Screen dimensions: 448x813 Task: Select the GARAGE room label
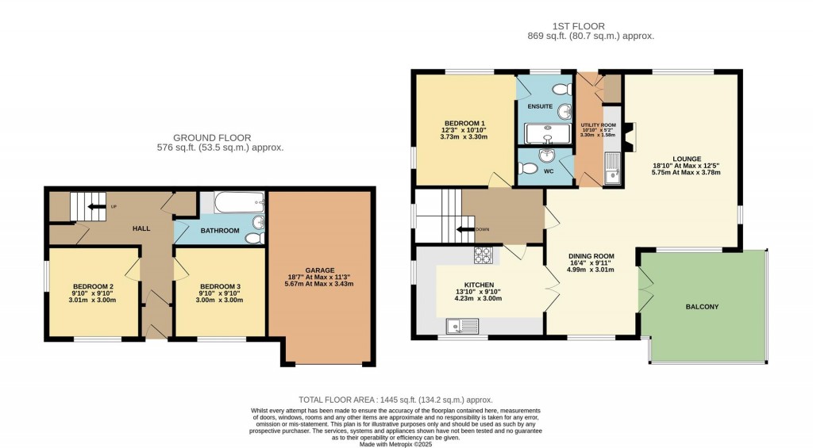click(322, 270)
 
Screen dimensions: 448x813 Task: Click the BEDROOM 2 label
click(93, 286)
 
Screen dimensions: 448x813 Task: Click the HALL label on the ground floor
click(141, 228)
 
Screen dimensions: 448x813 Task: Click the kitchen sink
click(461, 324)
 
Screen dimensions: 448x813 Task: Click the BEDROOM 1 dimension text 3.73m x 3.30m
click(464, 137)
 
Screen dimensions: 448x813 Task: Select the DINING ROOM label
click(591, 256)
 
